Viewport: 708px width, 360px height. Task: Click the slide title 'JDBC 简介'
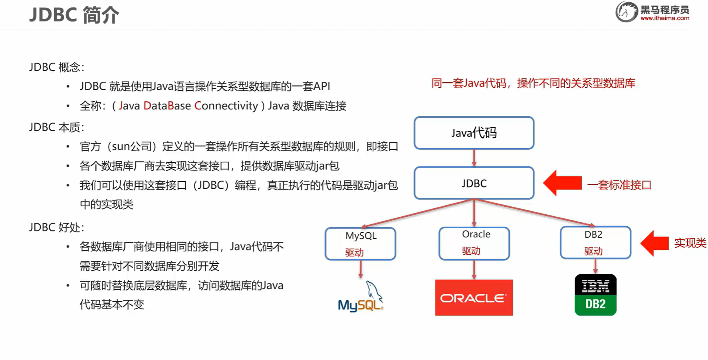[74, 15]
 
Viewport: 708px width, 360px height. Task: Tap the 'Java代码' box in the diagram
[474, 133]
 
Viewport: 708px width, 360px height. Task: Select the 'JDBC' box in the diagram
[474, 183]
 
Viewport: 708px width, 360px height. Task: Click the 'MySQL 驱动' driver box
[361, 243]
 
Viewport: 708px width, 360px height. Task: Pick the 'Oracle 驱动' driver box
[474, 243]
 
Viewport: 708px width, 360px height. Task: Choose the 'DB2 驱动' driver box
[595, 243]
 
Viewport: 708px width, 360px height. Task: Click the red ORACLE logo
[474, 298]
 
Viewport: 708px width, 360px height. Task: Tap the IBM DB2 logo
[595, 295]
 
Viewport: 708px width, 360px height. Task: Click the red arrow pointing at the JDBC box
[562, 183]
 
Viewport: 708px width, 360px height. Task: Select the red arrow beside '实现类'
[654, 243]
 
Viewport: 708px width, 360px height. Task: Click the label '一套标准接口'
[619, 185]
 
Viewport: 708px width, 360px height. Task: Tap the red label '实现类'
[690, 243]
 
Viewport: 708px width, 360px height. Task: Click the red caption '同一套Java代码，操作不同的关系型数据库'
[533, 83]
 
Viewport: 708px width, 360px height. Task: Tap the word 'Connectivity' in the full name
[226, 106]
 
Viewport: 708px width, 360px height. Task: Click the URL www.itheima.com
[665, 18]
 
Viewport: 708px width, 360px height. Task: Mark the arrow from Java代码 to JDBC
[474, 158]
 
